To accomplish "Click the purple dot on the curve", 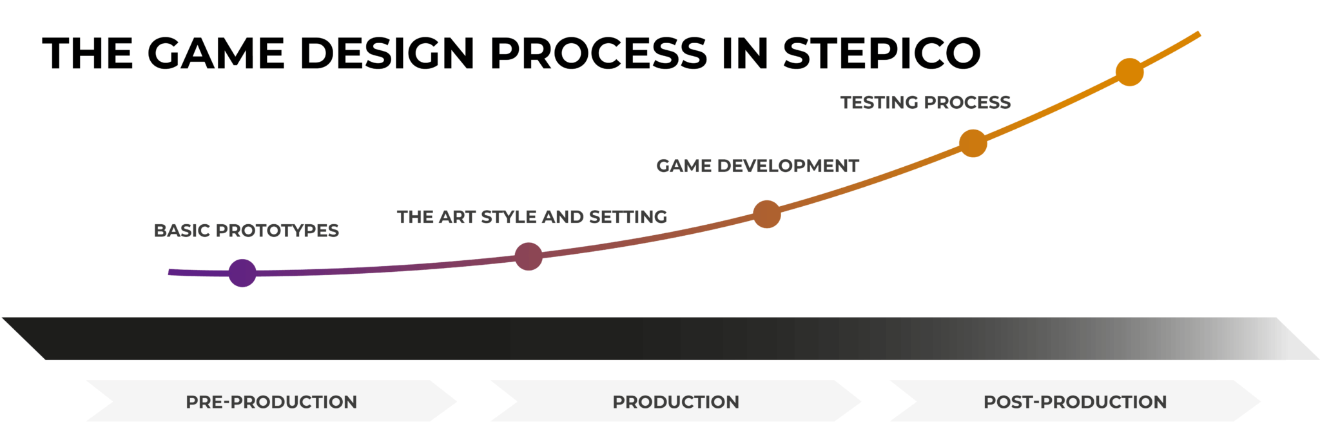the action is coord(242,273).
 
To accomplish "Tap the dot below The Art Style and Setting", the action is coord(529,256).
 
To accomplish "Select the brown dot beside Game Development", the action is coord(767,214).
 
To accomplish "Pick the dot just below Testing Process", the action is coord(973,143).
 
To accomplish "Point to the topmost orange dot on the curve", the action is coord(1130,72).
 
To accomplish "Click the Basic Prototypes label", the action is coord(246,231).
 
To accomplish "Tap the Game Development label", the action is coord(757,166).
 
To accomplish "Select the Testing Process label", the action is coord(926,102).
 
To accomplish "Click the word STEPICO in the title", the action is coord(882,53).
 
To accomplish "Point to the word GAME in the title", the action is coord(216,53).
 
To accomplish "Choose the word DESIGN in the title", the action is coord(387,53).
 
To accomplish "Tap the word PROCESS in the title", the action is coord(599,53).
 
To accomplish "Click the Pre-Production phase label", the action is coord(271,402).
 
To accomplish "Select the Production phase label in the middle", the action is coord(675,402).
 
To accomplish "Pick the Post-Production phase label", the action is coord(1075,402).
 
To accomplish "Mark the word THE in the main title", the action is coord(88,53).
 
